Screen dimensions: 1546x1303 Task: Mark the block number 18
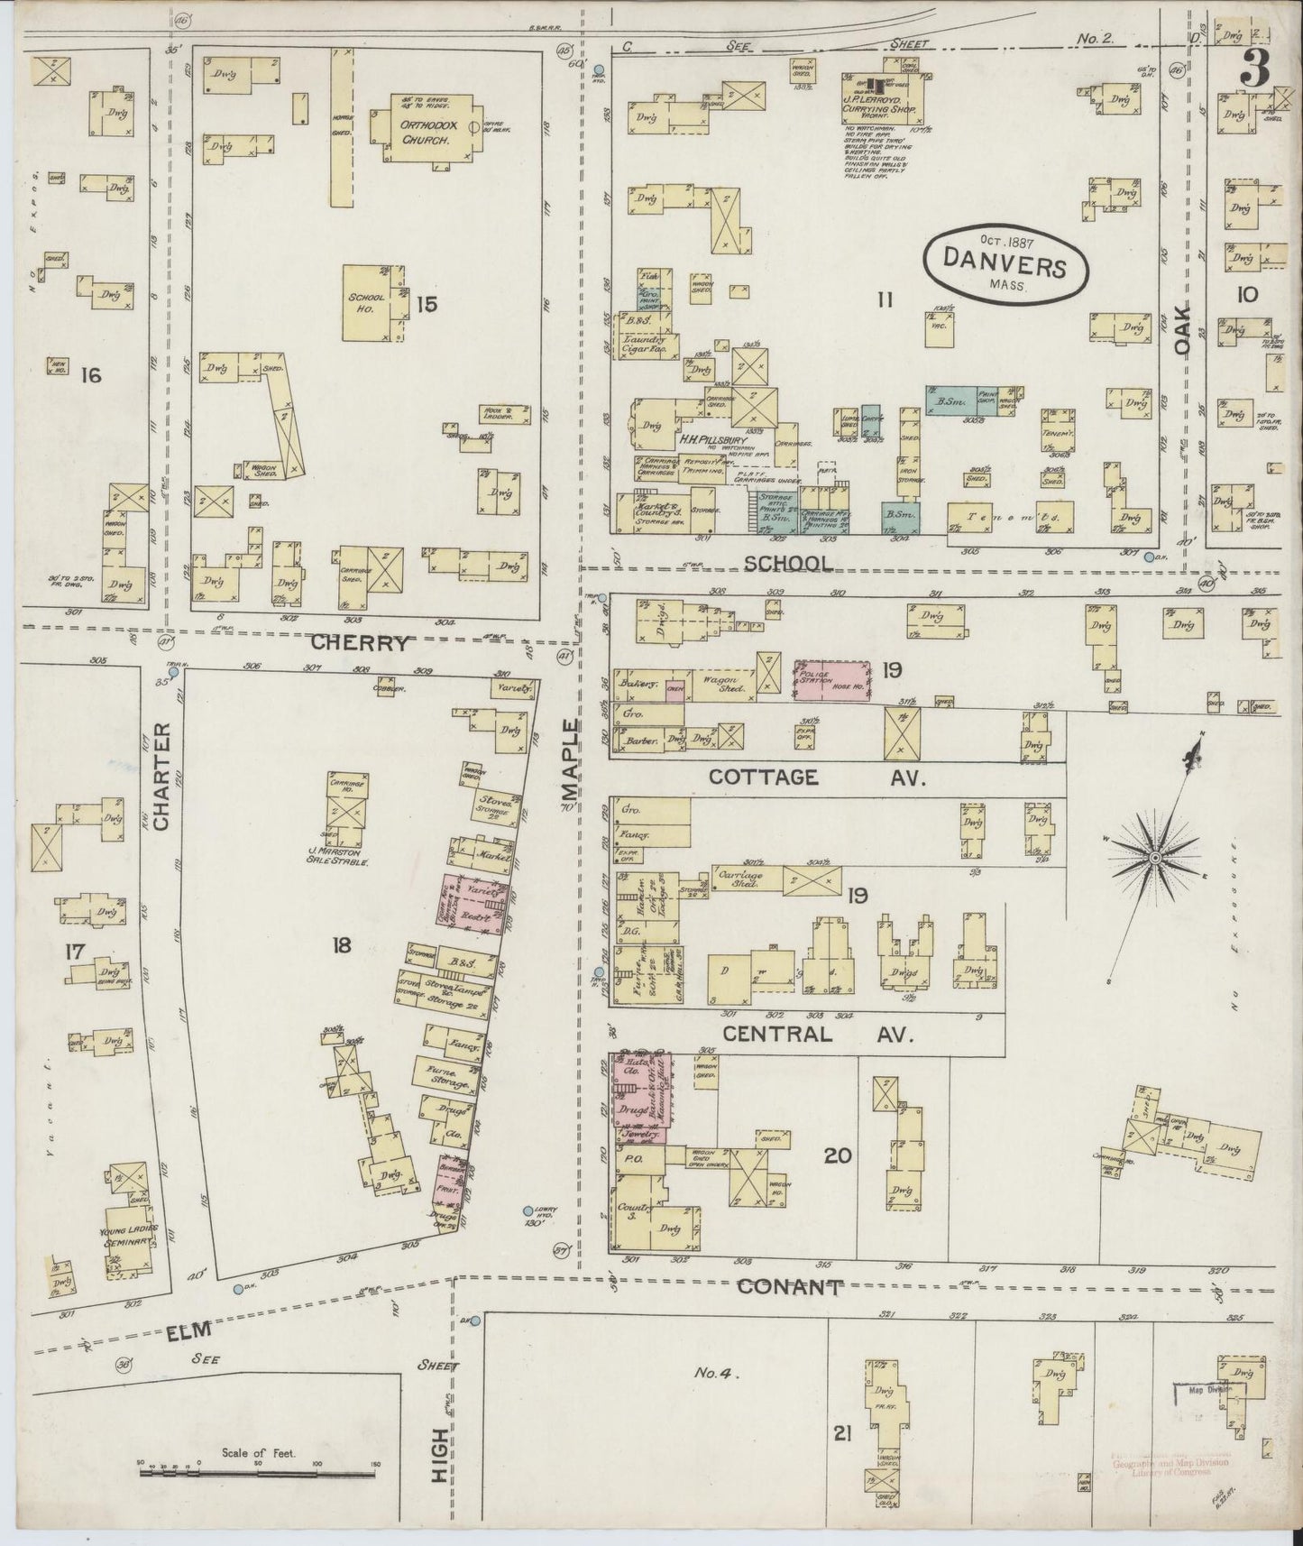(x=341, y=945)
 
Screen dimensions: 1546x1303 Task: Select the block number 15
(x=427, y=304)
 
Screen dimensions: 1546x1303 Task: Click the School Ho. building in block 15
(x=370, y=303)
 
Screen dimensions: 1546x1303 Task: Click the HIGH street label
(x=440, y=1456)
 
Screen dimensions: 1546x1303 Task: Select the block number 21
(x=842, y=1432)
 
